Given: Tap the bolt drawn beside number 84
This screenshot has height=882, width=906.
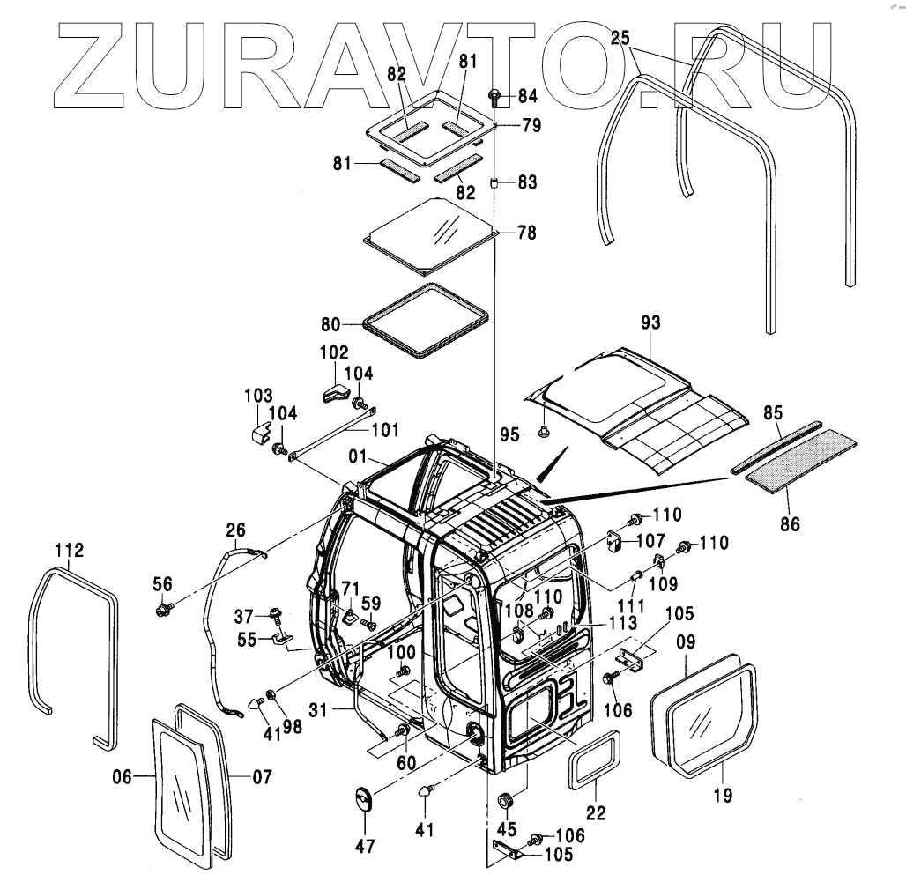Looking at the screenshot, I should (494, 94).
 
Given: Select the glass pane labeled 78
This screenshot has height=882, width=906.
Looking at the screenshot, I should (430, 233).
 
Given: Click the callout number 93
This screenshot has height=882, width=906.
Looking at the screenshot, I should (650, 324).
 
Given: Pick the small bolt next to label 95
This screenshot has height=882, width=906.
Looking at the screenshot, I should (544, 432).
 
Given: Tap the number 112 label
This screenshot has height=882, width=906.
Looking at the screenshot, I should (69, 551).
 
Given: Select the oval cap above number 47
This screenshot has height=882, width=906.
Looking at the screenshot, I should (364, 800).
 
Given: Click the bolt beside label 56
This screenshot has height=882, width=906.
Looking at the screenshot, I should (162, 608).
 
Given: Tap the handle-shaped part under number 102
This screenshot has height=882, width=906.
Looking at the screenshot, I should (336, 391).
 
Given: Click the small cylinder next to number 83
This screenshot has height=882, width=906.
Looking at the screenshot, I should (495, 183).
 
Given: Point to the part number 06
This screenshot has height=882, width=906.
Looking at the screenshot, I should (123, 776).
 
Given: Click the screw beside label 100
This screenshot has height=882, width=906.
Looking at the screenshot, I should (405, 671).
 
